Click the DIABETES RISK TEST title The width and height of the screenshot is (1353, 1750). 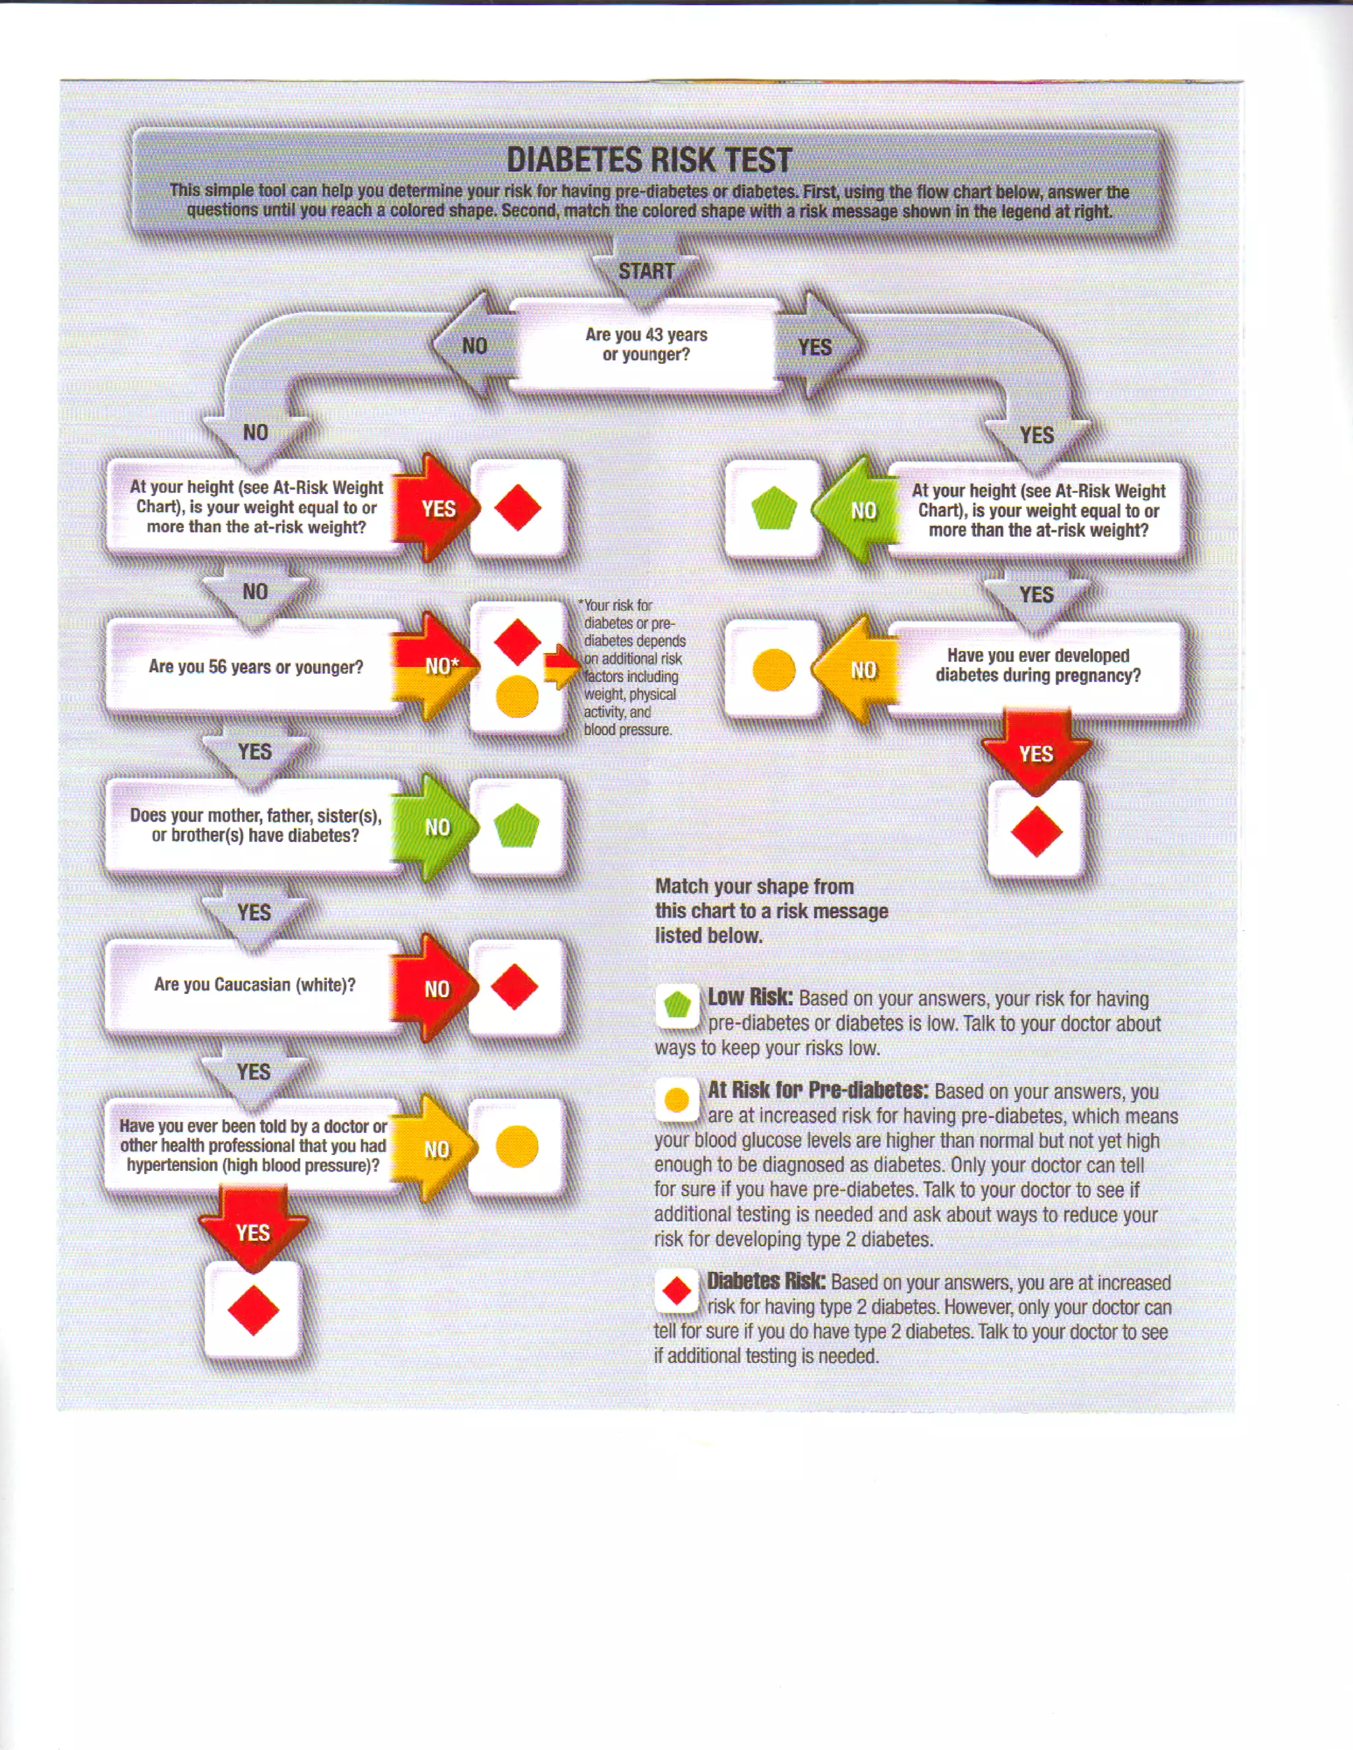click(649, 159)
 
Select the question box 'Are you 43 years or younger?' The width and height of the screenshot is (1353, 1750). click(646, 345)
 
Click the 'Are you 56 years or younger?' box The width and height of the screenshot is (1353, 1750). click(255, 667)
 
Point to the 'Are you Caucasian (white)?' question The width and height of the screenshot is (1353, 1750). click(254, 985)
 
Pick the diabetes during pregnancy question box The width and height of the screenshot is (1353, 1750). click(1037, 666)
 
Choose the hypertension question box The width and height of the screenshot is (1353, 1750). click(253, 1146)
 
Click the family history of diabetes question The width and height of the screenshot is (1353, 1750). click(255, 825)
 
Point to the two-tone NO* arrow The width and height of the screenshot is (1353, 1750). click(437, 666)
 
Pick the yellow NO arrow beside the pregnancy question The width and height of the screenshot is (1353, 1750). click(858, 670)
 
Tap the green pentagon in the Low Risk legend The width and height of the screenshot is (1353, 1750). click(677, 1005)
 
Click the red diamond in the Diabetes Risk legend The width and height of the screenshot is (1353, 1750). click(677, 1291)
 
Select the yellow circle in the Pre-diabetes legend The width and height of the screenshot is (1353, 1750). click(677, 1100)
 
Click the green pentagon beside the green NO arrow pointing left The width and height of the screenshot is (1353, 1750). click(774, 508)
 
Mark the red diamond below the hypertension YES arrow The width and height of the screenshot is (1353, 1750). click(253, 1312)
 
